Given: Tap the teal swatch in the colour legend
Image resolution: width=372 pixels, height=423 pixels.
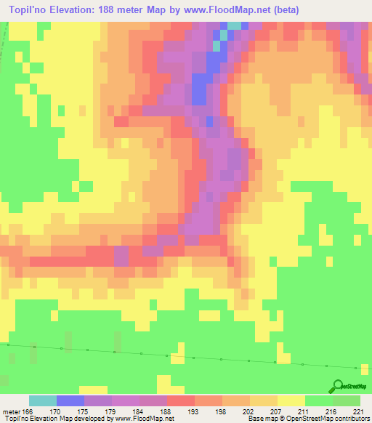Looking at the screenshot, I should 43,400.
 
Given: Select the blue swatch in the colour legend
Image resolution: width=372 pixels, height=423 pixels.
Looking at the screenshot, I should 70,400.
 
